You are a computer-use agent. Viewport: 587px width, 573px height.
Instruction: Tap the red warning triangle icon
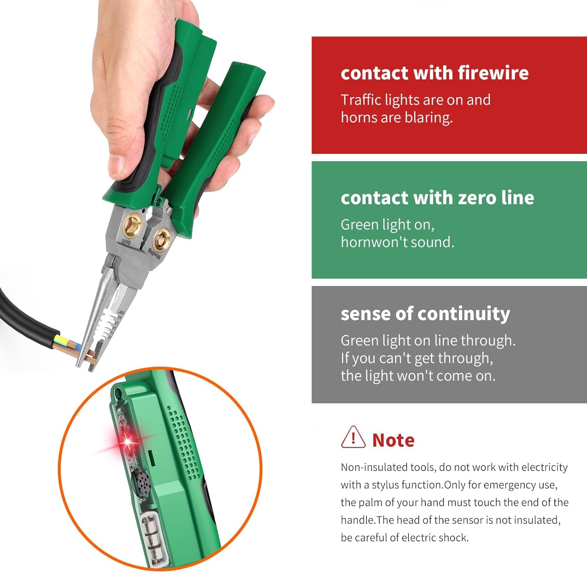point(353,438)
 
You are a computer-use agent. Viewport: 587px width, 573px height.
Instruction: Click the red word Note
point(393,440)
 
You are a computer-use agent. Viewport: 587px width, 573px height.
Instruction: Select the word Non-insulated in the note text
point(368,467)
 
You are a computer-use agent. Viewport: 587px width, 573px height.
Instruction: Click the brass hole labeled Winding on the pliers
point(161,239)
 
